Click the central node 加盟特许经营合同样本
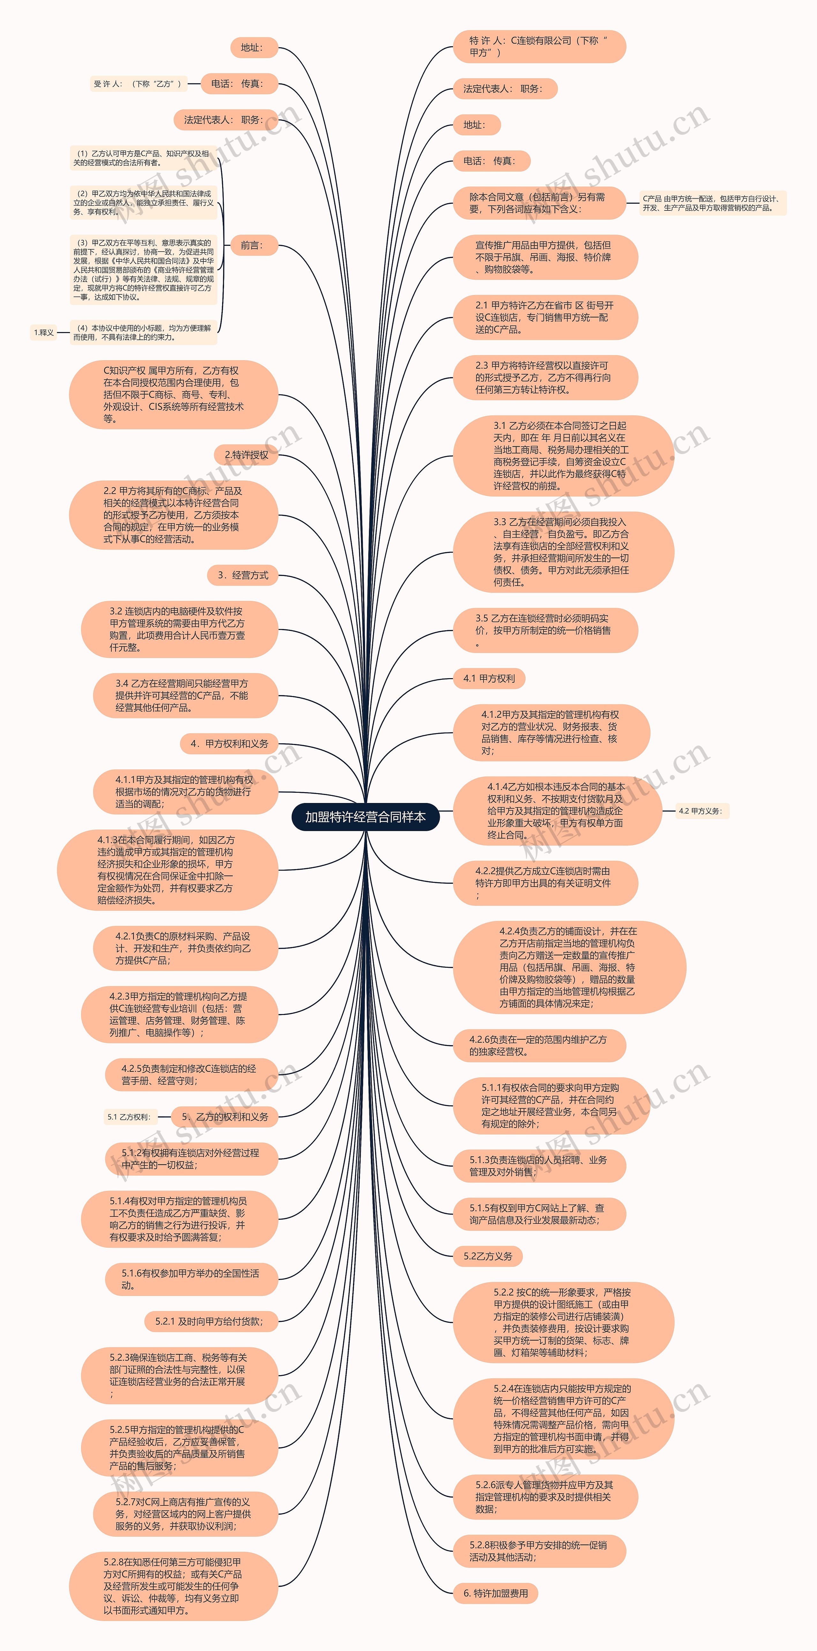click(365, 816)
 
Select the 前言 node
click(251, 246)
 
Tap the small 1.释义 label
click(44, 332)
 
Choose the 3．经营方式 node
click(242, 575)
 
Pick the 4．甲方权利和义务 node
click(229, 744)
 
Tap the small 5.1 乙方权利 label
click(129, 1117)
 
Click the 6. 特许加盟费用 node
click(495, 1593)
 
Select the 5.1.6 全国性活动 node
click(191, 1279)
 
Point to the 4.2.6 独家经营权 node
click(538, 1045)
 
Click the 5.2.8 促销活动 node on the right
click(538, 1551)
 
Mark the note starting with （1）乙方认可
click(142, 158)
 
